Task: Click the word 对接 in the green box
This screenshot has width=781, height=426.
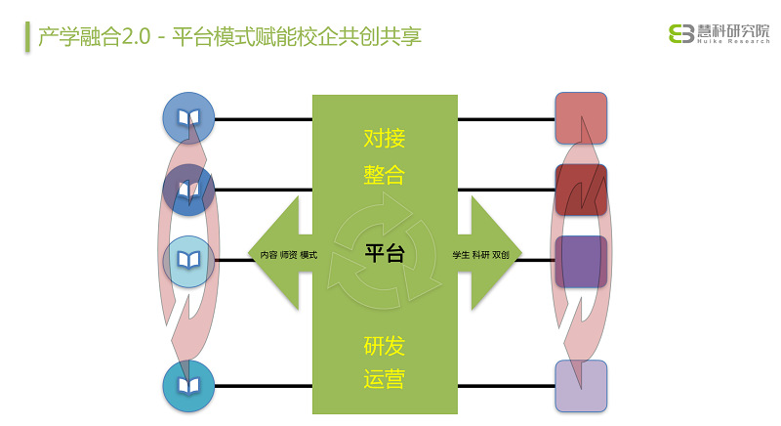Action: pos(384,138)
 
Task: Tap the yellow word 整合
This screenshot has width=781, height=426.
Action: pos(384,175)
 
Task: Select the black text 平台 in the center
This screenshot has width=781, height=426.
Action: pos(385,253)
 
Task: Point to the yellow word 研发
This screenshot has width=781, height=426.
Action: pos(384,346)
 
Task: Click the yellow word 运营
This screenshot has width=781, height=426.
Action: pos(384,379)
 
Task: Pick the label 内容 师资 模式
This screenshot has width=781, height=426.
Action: pos(289,255)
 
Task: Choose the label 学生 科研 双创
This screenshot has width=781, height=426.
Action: pos(480,255)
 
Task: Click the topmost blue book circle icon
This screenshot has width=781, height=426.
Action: pos(188,118)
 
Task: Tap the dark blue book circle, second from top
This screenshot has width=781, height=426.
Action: pos(188,190)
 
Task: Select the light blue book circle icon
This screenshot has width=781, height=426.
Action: pos(188,262)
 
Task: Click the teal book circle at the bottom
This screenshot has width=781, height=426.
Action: pos(188,386)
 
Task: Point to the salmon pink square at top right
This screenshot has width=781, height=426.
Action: pos(581,118)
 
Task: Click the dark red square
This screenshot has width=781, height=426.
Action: pos(581,190)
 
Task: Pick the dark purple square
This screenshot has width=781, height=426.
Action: pos(581,262)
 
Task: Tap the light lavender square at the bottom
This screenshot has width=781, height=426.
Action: pos(581,386)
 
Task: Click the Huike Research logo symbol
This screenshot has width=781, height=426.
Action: pos(681,34)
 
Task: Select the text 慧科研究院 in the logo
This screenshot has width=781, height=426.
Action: pos(733,31)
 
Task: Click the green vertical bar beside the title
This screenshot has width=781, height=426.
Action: pos(28,36)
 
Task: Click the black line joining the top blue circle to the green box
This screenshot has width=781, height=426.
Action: pos(264,119)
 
